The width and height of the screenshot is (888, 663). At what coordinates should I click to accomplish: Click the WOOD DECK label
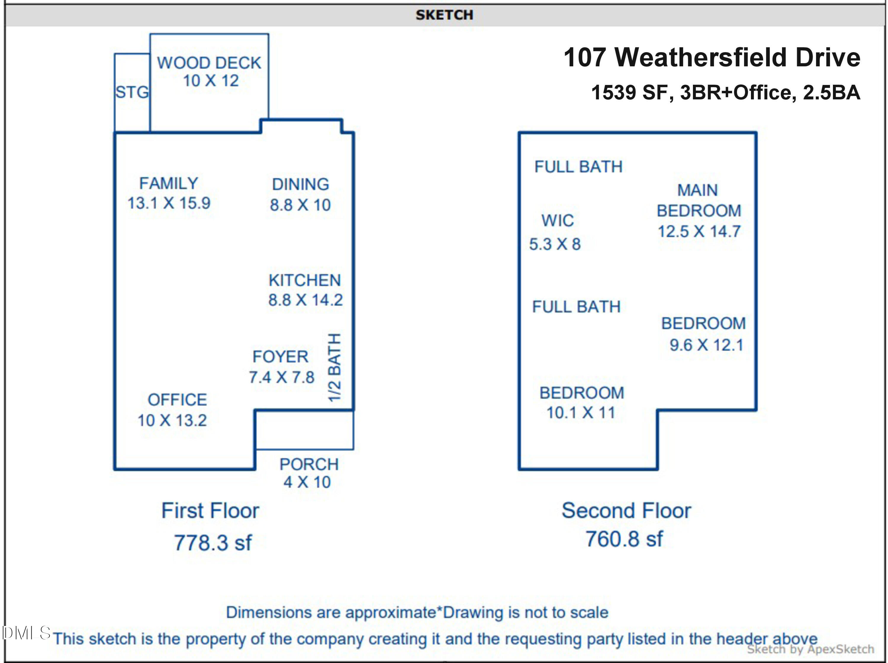pyautogui.click(x=209, y=63)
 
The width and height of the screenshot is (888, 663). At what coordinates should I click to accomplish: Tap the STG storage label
pyautogui.click(x=132, y=92)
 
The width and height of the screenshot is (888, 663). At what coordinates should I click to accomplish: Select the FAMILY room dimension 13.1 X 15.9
pyautogui.click(x=169, y=203)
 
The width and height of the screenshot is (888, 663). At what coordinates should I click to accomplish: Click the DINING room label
pyautogui.click(x=300, y=184)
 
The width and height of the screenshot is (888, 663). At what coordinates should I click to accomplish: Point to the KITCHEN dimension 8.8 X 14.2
pyautogui.click(x=305, y=300)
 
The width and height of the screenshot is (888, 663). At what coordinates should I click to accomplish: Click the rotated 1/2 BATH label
pyautogui.click(x=334, y=367)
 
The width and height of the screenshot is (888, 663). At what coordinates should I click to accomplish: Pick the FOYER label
pyautogui.click(x=280, y=357)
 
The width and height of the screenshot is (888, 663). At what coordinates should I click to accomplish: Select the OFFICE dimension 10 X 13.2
pyautogui.click(x=172, y=420)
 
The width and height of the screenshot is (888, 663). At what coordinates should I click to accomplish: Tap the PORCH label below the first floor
pyautogui.click(x=309, y=464)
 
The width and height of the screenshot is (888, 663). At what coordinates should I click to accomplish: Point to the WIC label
pyautogui.click(x=557, y=220)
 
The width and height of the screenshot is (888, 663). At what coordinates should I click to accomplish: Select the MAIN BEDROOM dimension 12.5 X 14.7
pyautogui.click(x=699, y=231)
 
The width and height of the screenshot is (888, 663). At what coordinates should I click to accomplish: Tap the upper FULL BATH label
pyautogui.click(x=578, y=166)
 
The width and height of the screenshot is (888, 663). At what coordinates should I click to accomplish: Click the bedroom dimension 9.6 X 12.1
pyautogui.click(x=706, y=345)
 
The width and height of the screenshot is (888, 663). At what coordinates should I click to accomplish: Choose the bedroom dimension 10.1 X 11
pyautogui.click(x=581, y=412)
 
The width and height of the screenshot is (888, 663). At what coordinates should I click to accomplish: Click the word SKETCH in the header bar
pyautogui.click(x=444, y=15)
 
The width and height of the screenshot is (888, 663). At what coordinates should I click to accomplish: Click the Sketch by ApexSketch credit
pyautogui.click(x=810, y=649)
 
